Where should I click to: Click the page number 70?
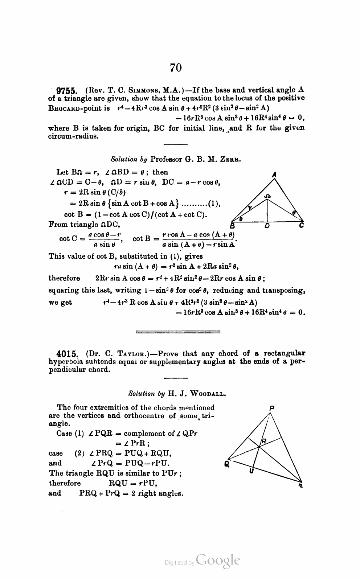coord(175,67)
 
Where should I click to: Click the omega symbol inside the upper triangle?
coord(267,196)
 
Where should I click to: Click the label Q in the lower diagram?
coord(227,464)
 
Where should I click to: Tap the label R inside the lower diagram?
coord(264,441)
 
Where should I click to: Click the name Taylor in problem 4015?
coord(131,354)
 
